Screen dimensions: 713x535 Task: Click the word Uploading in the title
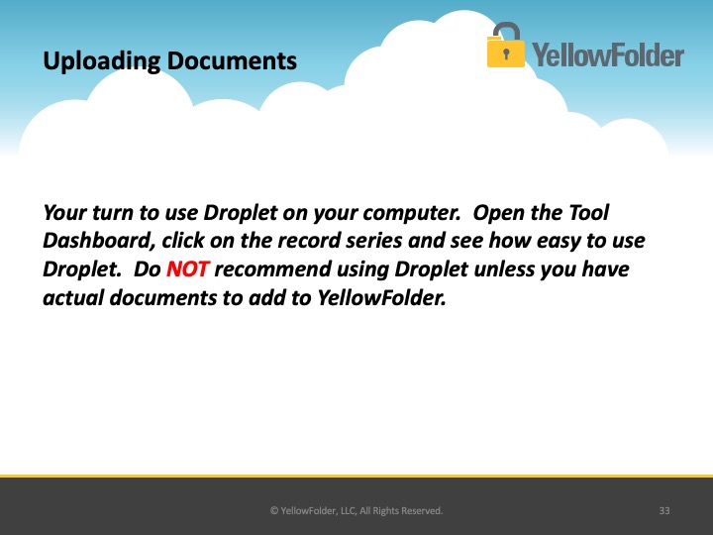pos(102,61)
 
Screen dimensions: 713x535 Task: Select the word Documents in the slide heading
pos(232,60)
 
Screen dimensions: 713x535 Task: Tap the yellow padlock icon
pos(506,46)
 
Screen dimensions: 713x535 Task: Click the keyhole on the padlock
pos(506,53)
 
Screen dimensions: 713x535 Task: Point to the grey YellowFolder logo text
pos(608,54)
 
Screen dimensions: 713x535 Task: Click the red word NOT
pos(188,268)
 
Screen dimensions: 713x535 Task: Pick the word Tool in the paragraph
pos(588,212)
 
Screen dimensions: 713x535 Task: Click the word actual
pos(73,298)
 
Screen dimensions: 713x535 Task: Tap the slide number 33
pos(664,511)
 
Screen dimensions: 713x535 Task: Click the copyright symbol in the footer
pos(274,511)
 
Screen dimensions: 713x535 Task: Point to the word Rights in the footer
pos(385,511)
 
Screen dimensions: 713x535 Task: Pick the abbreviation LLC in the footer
pos(348,511)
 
